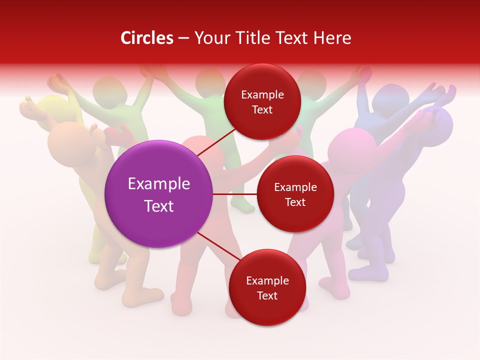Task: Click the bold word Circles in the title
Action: click(x=147, y=38)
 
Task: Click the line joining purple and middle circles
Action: click(x=235, y=194)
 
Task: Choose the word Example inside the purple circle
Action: click(x=159, y=184)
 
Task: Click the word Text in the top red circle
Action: click(x=262, y=110)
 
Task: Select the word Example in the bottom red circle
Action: click(x=267, y=281)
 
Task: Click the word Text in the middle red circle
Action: click(x=295, y=202)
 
